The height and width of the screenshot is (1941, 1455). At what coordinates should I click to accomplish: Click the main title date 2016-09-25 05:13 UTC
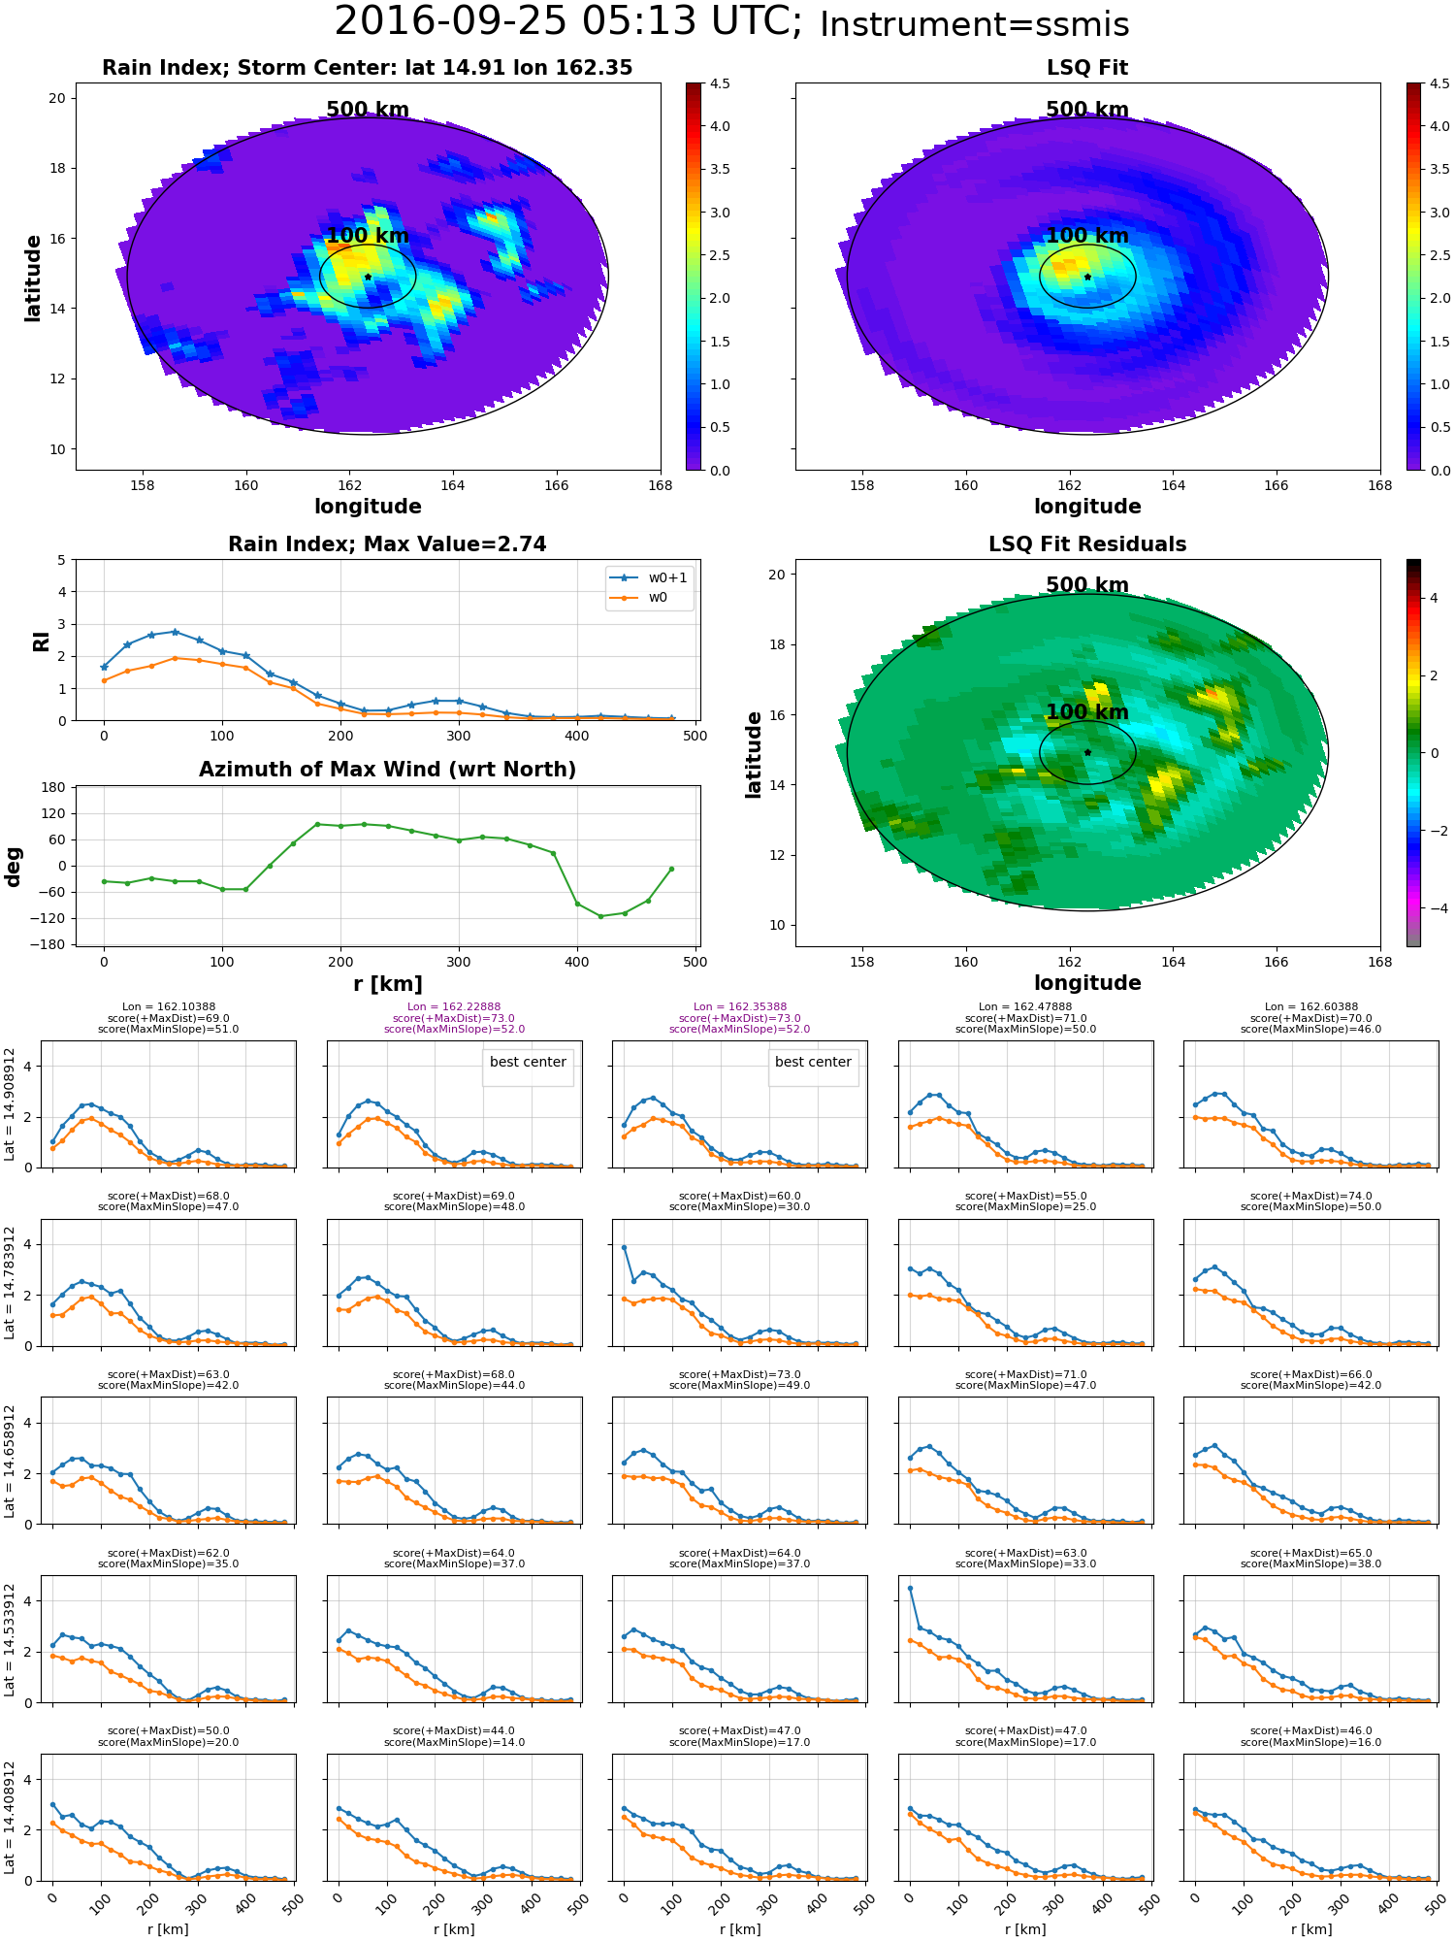pos(567,22)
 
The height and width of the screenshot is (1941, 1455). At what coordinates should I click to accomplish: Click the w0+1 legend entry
pos(667,577)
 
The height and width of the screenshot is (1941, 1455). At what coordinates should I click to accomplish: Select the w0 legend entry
pos(658,598)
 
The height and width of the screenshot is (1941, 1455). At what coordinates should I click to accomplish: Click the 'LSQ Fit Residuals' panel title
pos(1087,544)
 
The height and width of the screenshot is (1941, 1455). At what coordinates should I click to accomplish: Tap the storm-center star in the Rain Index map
pos(368,277)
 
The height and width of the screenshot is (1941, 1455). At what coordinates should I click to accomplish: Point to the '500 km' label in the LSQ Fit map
pos(1087,110)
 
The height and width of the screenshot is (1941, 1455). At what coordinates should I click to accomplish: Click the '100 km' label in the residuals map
pos(1087,712)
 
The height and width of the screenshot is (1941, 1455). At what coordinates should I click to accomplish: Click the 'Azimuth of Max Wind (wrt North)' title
pos(387,770)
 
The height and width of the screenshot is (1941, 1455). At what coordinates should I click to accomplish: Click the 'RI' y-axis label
pos(42,641)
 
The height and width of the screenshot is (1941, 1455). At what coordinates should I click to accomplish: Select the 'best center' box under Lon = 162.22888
pos(528,1063)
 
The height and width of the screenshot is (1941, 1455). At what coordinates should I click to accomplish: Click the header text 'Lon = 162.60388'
pos(1310,1007)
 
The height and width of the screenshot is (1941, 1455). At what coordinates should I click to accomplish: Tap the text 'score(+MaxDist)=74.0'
pos(1310,1197)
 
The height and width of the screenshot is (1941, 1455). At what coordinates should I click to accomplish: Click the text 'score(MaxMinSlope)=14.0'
pos(454,1742)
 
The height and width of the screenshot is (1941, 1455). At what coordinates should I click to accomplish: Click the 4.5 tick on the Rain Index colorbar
pos(720,83)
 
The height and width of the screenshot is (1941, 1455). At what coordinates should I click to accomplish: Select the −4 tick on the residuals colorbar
pos(1434,908)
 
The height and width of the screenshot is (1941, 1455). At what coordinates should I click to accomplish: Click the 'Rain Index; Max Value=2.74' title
pos(387,544)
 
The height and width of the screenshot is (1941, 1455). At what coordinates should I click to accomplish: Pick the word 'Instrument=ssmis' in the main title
pos(974,25)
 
